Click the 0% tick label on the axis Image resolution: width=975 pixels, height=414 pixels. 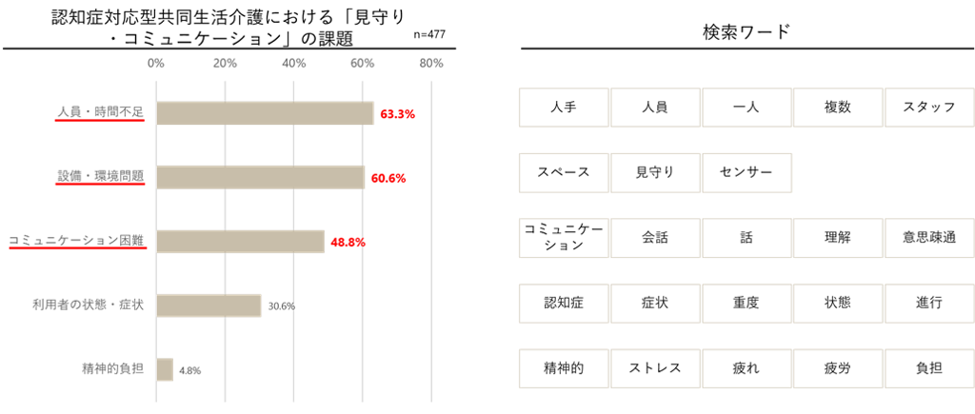155,64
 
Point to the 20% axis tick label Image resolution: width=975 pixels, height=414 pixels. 225,64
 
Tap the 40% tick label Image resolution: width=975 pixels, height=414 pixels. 293,64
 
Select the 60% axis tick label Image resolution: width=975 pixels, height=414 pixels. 362,64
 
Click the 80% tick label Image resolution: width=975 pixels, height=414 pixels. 431,64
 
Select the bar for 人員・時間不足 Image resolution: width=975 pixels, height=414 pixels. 265,113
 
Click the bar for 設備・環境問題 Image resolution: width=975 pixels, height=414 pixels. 260,177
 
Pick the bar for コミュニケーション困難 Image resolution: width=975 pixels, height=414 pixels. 240,242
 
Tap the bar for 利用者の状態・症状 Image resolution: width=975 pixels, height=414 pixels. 209,306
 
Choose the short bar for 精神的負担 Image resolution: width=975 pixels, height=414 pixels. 164,369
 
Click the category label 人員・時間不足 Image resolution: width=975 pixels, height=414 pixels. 100,113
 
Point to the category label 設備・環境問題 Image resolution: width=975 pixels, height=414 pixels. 100,177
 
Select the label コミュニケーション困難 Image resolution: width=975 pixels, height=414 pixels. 76,242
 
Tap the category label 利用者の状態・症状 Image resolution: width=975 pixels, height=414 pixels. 88,306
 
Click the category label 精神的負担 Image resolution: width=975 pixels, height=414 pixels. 112,369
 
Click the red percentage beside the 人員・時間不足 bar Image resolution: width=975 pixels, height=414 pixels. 398,114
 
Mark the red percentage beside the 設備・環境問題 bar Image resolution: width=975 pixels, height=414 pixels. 388,178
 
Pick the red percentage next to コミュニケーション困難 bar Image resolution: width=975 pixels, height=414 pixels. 348,243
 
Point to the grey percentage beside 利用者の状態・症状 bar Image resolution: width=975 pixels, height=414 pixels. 281,306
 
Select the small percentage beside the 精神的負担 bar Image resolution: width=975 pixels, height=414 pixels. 189,370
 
